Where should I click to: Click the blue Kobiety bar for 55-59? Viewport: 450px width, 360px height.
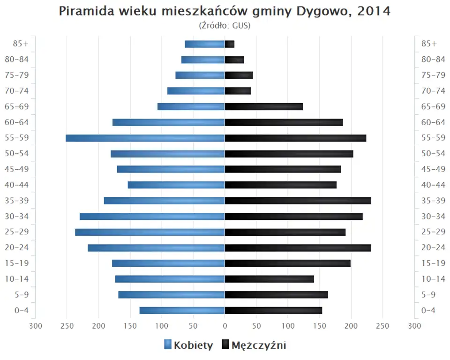145,138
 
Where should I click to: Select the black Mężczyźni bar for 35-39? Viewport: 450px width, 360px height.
298,201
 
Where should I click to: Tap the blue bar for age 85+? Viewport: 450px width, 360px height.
205,44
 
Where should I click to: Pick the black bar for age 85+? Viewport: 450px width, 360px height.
230,44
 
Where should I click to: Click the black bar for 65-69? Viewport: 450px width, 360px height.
264,106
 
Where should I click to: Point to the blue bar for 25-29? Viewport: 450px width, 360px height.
150,232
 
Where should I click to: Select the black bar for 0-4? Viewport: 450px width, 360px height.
273,310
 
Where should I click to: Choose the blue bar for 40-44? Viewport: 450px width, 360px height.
176,185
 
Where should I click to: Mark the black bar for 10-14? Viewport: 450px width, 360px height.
270,279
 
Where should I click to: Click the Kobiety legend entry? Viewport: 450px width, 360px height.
189,345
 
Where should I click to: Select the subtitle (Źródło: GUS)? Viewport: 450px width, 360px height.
225,25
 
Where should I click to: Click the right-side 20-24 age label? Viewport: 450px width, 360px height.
433,247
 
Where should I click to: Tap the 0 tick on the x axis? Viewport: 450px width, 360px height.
225,326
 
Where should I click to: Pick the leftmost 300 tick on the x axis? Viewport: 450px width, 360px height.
36,326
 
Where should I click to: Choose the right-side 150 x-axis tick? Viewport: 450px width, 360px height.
320,326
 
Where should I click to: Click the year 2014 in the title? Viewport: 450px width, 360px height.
374,11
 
